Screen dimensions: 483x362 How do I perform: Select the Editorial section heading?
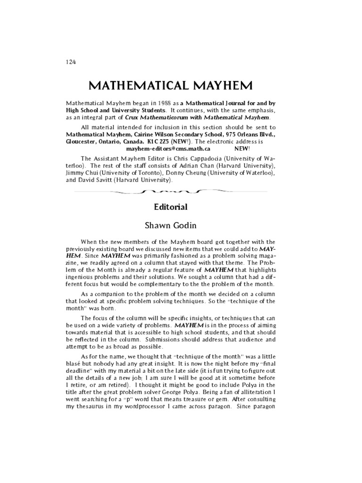(x=171, y=207)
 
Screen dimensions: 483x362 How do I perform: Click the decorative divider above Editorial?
(x=171, y=192)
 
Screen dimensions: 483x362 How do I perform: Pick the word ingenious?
(x=82, y=283)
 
